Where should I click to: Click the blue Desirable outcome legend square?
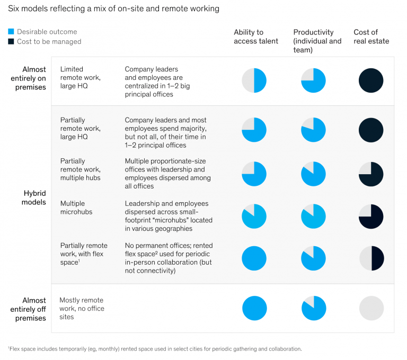(11, 32)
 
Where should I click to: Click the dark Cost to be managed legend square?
(11, 41)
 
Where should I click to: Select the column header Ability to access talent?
(256, 37)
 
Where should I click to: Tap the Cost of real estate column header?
(371, 37)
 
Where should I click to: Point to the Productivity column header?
(317, 41)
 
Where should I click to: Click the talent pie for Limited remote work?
(254, 80)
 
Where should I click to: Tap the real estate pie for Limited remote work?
(371, 80)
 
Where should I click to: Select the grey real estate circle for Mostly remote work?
(371, 308)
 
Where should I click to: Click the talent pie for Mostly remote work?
(254, 308)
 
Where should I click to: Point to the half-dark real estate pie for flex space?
(371, 258)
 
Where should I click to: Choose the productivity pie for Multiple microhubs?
(314, 216)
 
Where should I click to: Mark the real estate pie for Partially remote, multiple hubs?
(371, 174)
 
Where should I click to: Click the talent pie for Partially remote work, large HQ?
(254, 130)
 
